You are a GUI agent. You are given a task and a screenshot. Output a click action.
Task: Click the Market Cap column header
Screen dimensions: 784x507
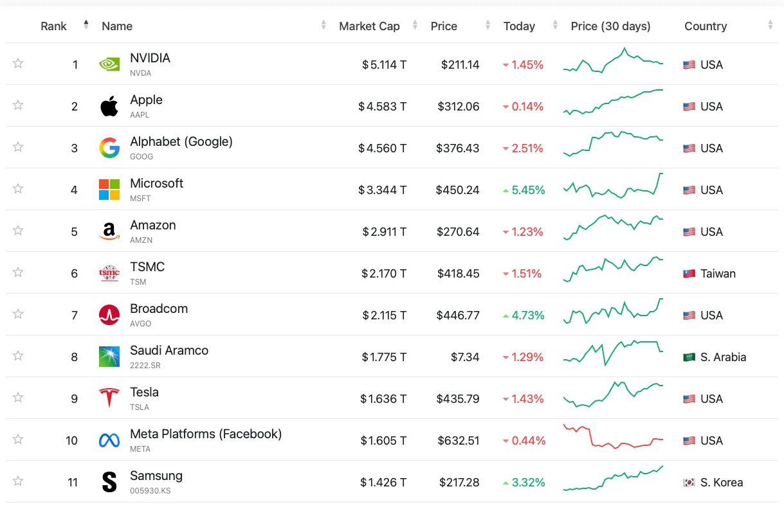pos(369,26)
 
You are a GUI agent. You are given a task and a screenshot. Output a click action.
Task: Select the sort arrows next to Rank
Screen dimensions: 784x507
pos(86,25)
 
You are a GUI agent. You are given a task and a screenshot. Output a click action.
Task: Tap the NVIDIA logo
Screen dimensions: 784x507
pos(109,64)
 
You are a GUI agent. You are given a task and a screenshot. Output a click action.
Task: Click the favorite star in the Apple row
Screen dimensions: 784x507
pos(18,105)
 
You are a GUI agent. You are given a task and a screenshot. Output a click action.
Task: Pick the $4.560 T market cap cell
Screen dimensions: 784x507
pos(382,148)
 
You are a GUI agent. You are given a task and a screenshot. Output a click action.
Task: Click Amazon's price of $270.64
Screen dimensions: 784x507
pos(458,232)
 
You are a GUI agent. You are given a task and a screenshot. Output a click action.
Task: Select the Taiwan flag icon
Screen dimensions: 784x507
pos(689,274)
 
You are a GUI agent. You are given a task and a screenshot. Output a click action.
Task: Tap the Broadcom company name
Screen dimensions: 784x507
pos(159,308)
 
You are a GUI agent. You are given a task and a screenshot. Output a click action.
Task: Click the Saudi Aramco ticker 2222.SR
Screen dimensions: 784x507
pos(145,366)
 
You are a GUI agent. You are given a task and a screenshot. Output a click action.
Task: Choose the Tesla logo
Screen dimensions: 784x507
pos(109,398)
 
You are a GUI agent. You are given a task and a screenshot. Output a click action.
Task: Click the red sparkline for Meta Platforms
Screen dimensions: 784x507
pos(613,437)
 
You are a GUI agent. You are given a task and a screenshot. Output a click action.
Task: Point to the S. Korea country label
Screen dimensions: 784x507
pos(722,483)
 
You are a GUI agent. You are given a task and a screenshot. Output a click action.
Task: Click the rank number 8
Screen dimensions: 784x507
pos(74,357)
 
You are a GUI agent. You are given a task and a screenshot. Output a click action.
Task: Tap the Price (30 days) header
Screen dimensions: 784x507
pos(610,26)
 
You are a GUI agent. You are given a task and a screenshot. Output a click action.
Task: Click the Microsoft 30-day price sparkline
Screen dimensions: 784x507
pos(613,186)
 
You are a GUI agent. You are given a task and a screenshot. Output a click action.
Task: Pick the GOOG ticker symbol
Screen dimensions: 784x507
pos(141,157)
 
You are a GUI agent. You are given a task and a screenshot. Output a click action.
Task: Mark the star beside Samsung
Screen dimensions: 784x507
pos(18,481)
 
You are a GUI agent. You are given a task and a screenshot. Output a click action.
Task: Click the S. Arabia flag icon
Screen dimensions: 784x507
pos(689,357)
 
